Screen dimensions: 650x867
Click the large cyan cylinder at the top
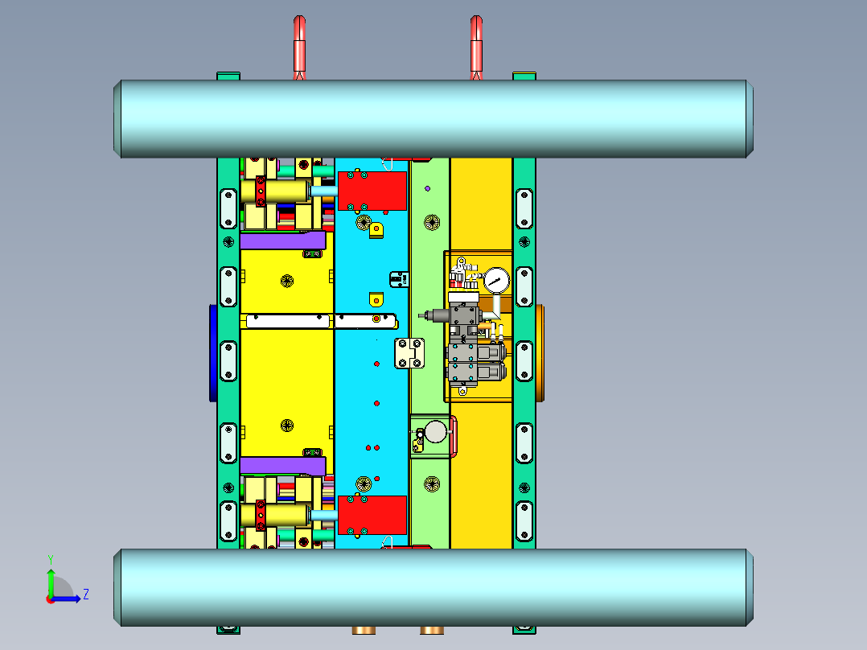coord(434,118)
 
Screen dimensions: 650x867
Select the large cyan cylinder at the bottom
coord(434,587)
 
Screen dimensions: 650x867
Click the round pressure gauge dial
coord(496,281)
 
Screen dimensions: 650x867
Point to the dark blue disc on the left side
coord(212,352)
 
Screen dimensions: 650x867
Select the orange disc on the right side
coord(540,352)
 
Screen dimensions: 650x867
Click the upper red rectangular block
coord(372,191)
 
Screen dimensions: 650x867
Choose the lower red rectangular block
coord(372,515)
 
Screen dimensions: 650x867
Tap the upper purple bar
coord(281,241)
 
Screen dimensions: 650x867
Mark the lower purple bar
coord(281,465)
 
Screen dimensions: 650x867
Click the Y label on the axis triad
coord(50,558)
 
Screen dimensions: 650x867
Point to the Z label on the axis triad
coord(85,594)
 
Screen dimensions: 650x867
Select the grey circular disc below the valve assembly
coord(436,432)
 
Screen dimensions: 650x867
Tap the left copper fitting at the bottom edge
coord(363,630)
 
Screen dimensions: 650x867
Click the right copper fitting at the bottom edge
coord(432,630)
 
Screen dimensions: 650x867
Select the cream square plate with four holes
coord(410,353)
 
